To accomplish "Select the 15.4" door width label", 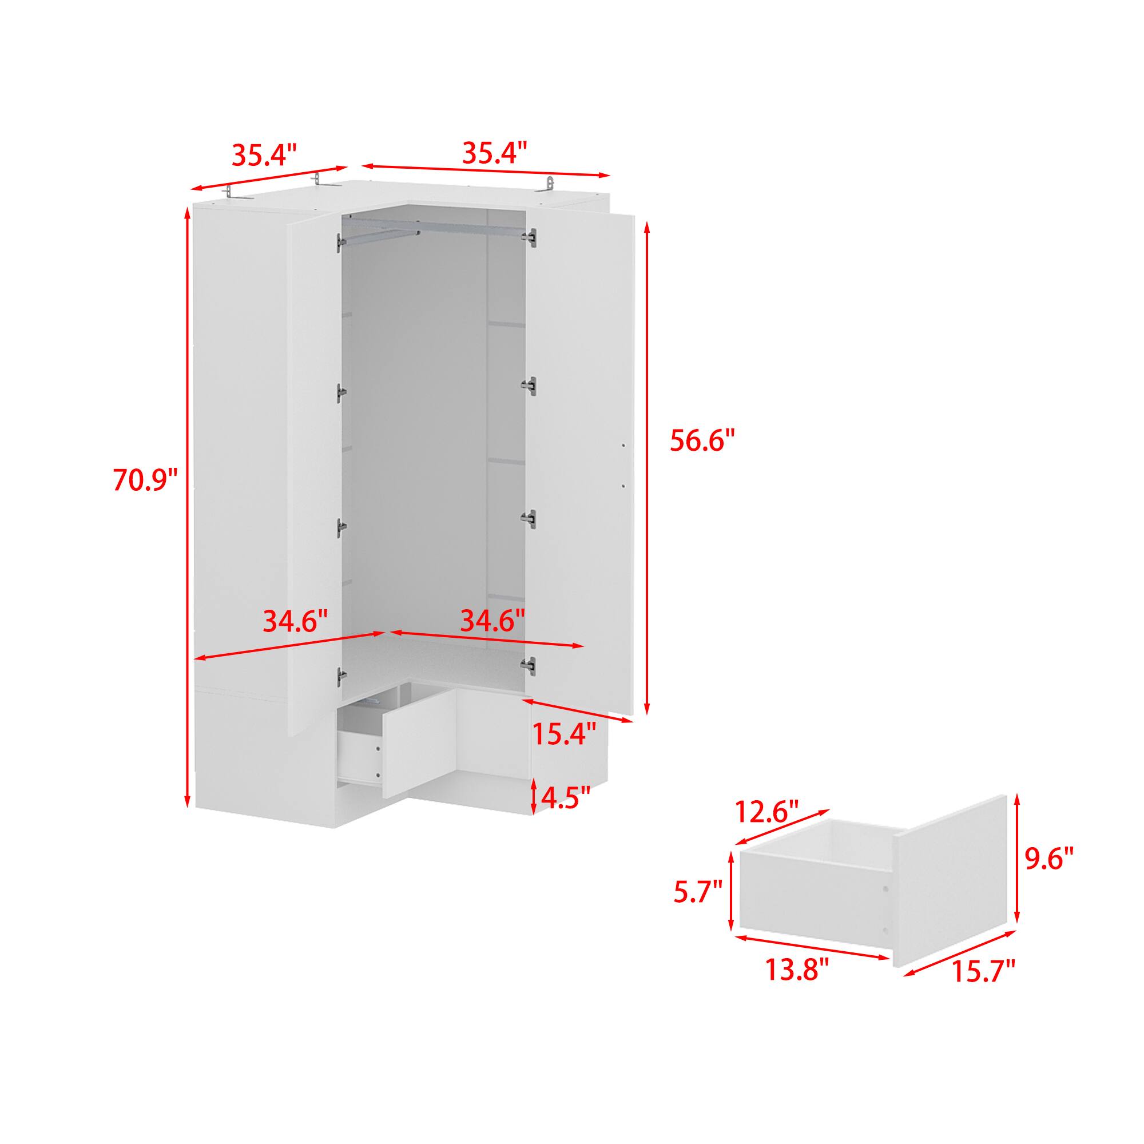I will (x=564, y=735).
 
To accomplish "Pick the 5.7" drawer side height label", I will (x=697, y=907).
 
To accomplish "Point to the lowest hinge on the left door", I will (x=340, y=676).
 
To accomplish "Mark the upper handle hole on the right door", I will (x=624, y=444).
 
